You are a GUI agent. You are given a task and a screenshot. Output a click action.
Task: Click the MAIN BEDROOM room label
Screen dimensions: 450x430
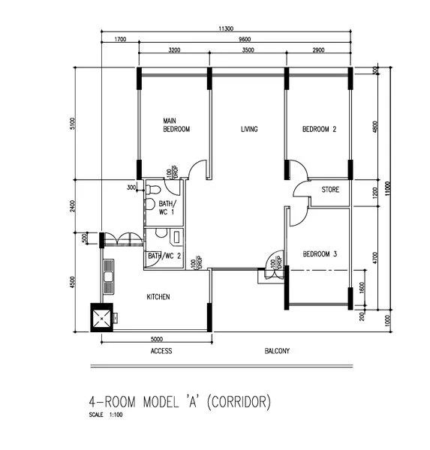point(176,124)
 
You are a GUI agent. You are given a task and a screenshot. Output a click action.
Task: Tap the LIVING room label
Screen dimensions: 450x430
point(249,129)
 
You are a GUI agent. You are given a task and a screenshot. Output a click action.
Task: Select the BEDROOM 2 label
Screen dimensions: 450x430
point(319,129)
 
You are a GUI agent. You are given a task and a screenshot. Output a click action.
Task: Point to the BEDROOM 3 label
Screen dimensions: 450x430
point(319,254)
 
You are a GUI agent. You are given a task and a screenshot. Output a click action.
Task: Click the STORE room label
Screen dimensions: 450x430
point(330,190)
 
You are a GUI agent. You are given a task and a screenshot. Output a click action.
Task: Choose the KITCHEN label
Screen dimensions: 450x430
point(158,297)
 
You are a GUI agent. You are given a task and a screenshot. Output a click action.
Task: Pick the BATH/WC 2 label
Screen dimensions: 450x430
point(164,256)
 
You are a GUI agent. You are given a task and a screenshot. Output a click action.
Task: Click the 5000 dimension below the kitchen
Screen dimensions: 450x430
point(156,337)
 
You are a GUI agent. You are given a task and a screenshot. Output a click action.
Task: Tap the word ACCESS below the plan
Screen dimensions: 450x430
point(161,351)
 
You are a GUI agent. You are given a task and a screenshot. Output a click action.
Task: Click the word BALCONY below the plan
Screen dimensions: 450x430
point(277,351)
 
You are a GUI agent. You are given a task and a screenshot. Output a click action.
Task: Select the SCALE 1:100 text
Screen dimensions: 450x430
point(104,415)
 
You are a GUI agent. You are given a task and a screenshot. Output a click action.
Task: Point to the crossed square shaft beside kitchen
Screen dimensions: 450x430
point(100,317)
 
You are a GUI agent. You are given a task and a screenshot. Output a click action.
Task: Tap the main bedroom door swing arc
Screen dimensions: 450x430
point(197,169)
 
